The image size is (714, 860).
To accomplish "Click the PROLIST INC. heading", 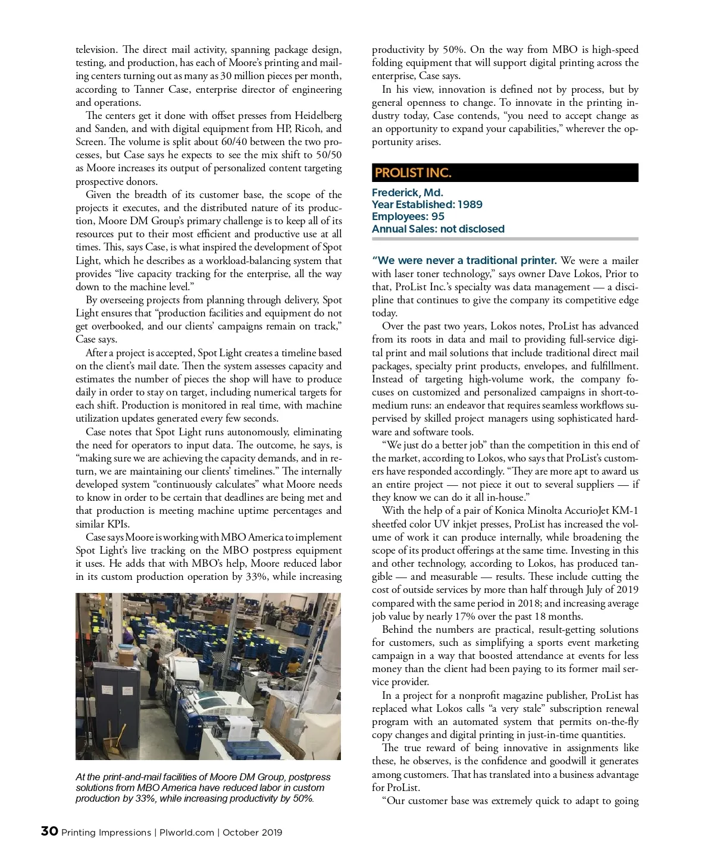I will tap(413, 173).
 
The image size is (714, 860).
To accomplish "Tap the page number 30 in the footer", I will tap(49, 831).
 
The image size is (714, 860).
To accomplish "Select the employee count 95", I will tap(438, 216).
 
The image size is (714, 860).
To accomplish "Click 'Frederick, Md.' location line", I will tap(407, 193).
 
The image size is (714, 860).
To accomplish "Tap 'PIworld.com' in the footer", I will tap(187, 833).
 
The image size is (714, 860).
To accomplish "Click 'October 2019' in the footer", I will tap(253, 833).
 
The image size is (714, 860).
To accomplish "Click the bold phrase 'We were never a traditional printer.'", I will tap(464, 260).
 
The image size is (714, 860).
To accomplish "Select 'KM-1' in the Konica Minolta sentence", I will tap(626, 511).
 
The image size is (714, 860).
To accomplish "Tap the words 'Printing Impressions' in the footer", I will tap(107, 833).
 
